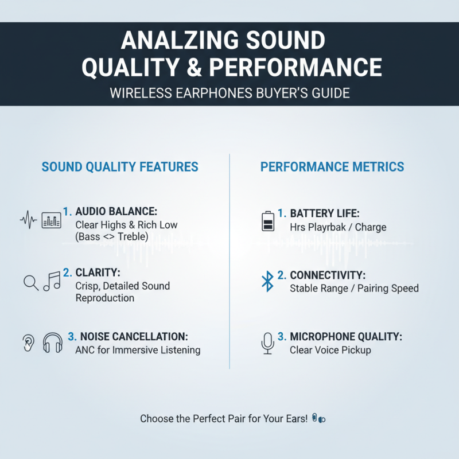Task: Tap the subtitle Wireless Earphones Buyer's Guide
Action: click(x=229, y=92)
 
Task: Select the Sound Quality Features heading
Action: click(x=120, y=167)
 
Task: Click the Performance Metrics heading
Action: click(x=332, y=167)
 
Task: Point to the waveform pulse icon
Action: click(x=28, y=220)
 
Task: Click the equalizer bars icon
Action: click(x=52, y=220)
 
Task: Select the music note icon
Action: click(x=52, y=281)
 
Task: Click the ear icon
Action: click(x=27, y=343)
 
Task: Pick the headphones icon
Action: click(x=53, y=343)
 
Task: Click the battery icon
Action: click(x=267, y=220)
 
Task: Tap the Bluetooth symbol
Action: click(x=267, y=281)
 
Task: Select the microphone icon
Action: click(x=267, y=343)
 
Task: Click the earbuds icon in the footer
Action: click(x=319, y=419)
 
